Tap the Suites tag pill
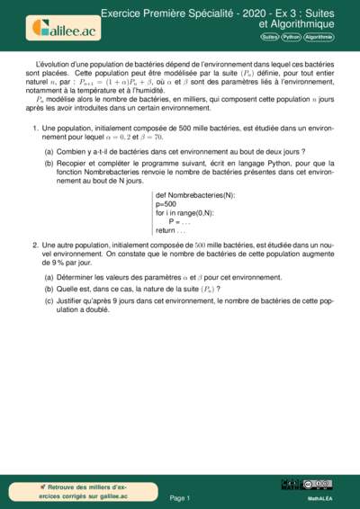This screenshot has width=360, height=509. [x=269, y=37]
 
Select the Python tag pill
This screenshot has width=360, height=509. [x=291, y=37]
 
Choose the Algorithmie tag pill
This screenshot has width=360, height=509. [x=319, y=37]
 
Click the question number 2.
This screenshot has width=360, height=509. [x=34, y=245]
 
